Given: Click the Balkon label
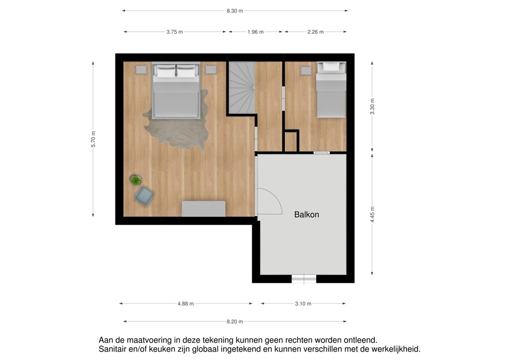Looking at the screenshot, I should click(x=306, y=215).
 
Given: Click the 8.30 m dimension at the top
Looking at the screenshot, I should click(x=235, y=10).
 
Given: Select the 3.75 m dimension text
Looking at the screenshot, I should click(x=174, y=32).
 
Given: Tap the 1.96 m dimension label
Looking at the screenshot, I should click(x=255, y=32).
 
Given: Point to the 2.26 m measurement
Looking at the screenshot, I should click(x=315, y=32).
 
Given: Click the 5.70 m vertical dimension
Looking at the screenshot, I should click(x=93, y=139).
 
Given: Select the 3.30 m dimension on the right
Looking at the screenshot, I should click(x=372, y=107).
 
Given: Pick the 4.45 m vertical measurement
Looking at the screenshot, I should click(x=372, y=214).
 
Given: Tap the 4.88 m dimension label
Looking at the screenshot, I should click(x=185, y=303).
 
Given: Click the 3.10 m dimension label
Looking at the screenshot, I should click(x=303, y=303).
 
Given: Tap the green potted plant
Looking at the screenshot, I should click(x=135, y=180).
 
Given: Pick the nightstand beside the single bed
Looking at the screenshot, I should click(x=306, y=71).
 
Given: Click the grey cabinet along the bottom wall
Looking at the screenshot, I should click(x=203, y=208).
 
